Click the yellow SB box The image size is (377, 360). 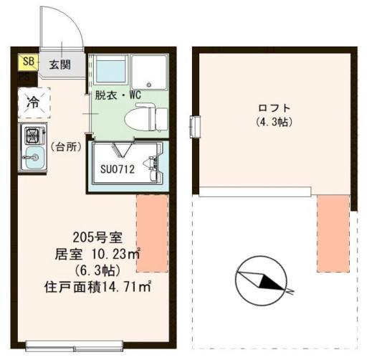28,62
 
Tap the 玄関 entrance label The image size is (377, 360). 59,65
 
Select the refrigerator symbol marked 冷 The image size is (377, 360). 33,103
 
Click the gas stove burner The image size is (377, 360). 33,134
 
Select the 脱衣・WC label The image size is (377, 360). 119,94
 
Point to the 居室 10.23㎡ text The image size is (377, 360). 97,255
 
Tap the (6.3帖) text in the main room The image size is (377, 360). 93,271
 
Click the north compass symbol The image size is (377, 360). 262,280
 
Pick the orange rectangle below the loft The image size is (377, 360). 333,232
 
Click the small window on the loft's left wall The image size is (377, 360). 195,126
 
